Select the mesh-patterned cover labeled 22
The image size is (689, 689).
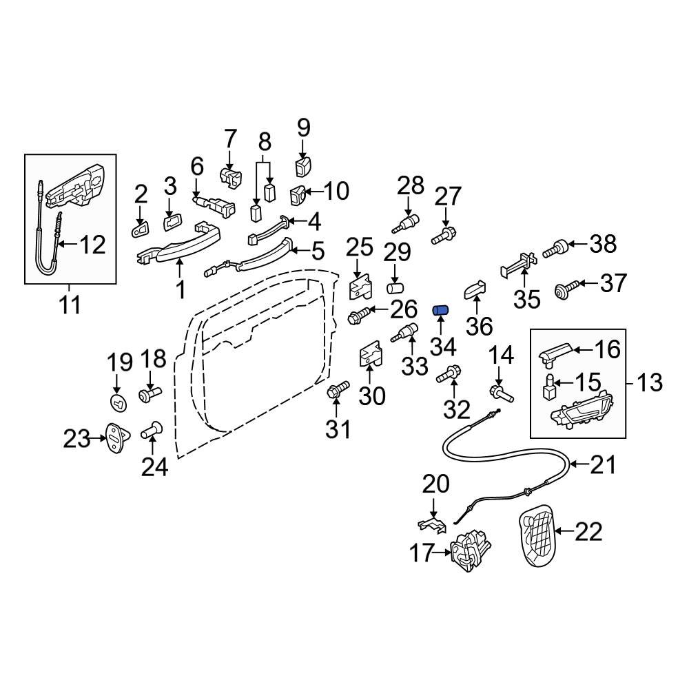click(x=537, y=535)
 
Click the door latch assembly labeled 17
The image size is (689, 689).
click(x=470, y=551)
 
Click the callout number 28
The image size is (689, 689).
click(x=412, y=186)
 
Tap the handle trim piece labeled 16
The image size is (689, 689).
click(x=557, y=353)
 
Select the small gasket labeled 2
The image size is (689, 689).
click(x=141, y=227)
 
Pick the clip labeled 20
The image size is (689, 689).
click(x=433, y=524)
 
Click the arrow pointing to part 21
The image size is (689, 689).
click(x=578, y=466)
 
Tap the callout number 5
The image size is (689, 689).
click(x=317, y=251)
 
